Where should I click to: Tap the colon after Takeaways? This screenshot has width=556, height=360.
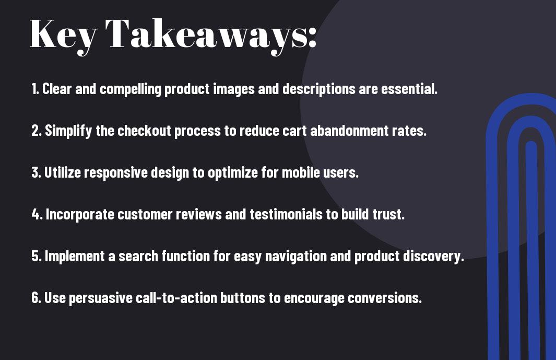(x=312, y=37)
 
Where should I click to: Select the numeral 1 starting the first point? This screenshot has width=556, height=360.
(x=34, y=89)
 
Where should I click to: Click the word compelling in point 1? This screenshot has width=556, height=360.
(x=131, y=89)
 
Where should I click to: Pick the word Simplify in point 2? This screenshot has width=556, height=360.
(x=68, y=131)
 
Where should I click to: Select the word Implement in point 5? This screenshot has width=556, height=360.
(x=75, y=257)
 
